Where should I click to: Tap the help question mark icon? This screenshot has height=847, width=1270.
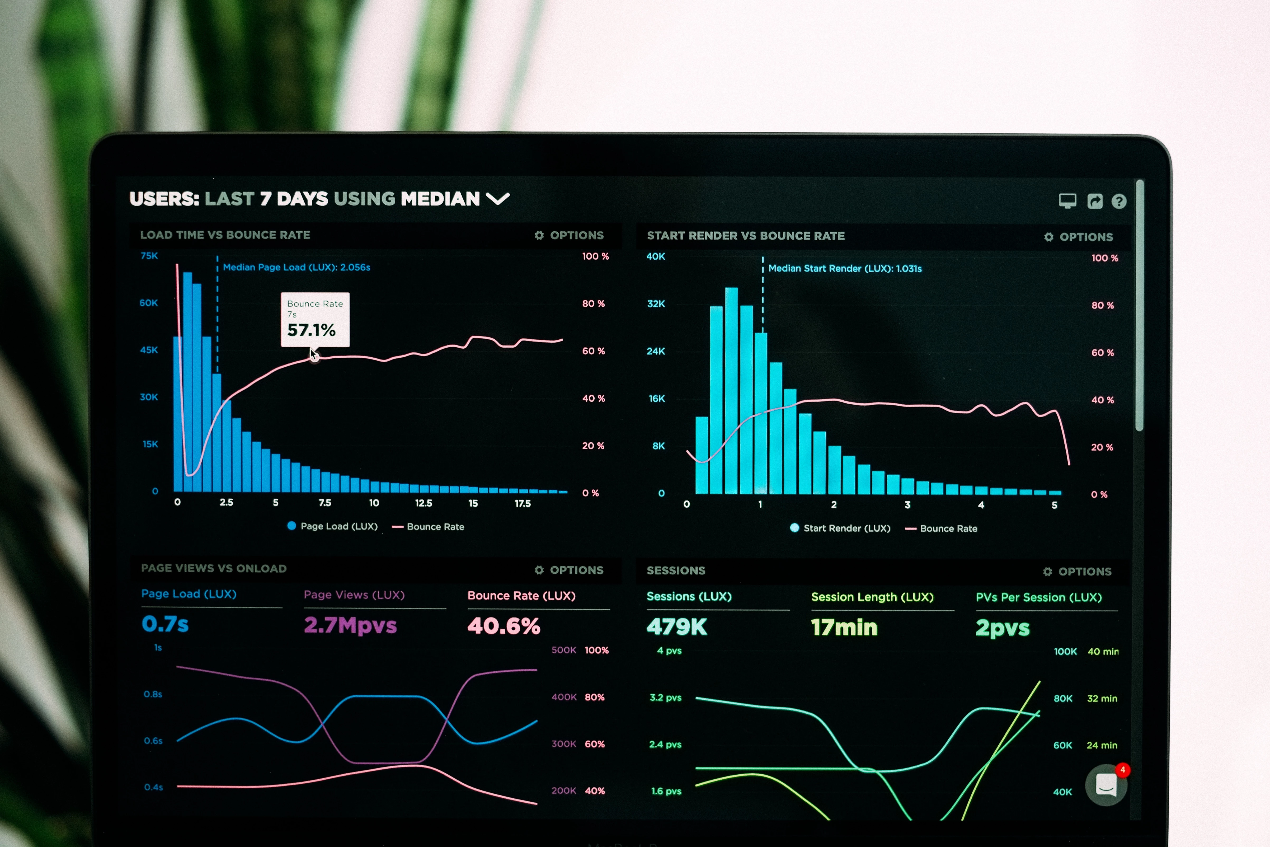(1119, 202)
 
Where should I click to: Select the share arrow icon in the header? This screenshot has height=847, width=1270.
(1094, 201)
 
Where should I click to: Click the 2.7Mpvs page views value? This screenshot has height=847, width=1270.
(350, 625)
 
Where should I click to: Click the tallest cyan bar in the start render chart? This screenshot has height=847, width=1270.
(731, 390)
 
